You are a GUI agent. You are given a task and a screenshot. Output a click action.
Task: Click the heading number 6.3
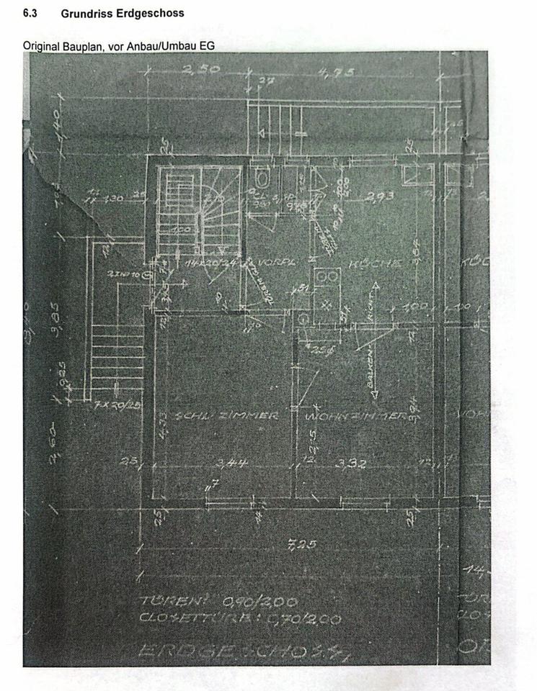30,13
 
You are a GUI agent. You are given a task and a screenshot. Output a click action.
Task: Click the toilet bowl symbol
262,174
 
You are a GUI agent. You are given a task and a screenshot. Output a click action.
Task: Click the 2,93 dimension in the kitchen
379,196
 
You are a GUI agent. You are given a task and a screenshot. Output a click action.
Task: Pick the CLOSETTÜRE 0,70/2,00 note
239,618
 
